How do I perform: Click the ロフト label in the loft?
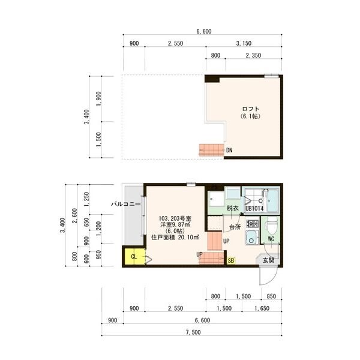[x=250, y=109]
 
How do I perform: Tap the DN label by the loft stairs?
[x=229, y=150]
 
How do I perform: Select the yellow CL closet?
[x=134, y=256]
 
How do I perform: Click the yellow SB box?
[x=231, y=260]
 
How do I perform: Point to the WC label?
[x=271, y=239]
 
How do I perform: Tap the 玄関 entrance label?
[x=268, y=260]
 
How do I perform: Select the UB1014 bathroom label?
[x=254, y=209]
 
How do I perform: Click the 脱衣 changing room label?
[x=233, y=208]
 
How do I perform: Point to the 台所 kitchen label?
[x=235, y=227]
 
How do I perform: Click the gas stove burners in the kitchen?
[x=253, y=223]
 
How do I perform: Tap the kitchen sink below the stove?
[x=252, y=237]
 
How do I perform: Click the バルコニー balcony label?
[x=126, y=204]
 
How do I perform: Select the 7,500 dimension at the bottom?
[x=193, y=332]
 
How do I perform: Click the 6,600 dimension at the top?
[x=204, y=31]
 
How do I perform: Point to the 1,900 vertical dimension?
[x=98, y=99]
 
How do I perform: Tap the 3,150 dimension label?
[x=244, y=43]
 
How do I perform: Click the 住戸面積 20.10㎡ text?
[x=175, y=238]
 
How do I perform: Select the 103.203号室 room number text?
[x=175, y=218]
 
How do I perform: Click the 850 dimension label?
[x=271, y=296]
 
